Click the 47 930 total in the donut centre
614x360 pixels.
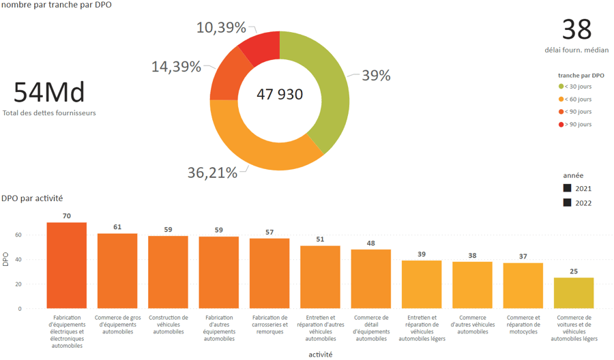pos(280,95)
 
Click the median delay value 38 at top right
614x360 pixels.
pos(576,29)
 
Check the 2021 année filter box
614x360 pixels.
pos(568,188)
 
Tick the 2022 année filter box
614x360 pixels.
pos(568,203)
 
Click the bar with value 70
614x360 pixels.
pos(66,266)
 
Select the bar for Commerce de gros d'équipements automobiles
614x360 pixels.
pos(117,271)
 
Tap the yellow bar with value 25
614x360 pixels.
pos(573,293)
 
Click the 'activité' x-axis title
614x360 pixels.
pos(320,355)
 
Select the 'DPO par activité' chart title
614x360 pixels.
pos(32,198)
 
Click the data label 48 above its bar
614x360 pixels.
pos(371,243)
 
